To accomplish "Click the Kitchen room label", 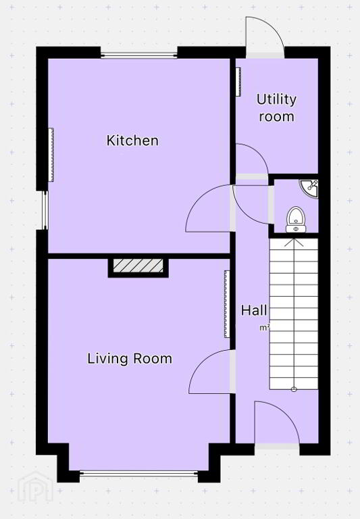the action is tap(132, 141).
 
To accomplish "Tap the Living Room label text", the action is tap(130, 359).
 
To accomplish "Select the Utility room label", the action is tap(277, 108).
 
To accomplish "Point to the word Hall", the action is tap(254, 310).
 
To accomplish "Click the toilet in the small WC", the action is tap(296, 220).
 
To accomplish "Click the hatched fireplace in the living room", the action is tap(138, 266).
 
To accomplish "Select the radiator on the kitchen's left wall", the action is tap(51, 155).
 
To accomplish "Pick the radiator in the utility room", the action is tap(238, 82).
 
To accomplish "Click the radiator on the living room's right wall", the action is tap(227, 304).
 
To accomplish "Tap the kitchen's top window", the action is tap(139, 55).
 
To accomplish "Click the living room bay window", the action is tap(139, 474).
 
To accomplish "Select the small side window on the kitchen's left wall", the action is tap(45, 210).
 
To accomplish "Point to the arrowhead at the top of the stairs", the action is tap(294, 243).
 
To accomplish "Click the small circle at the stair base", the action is tap(294, 389).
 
